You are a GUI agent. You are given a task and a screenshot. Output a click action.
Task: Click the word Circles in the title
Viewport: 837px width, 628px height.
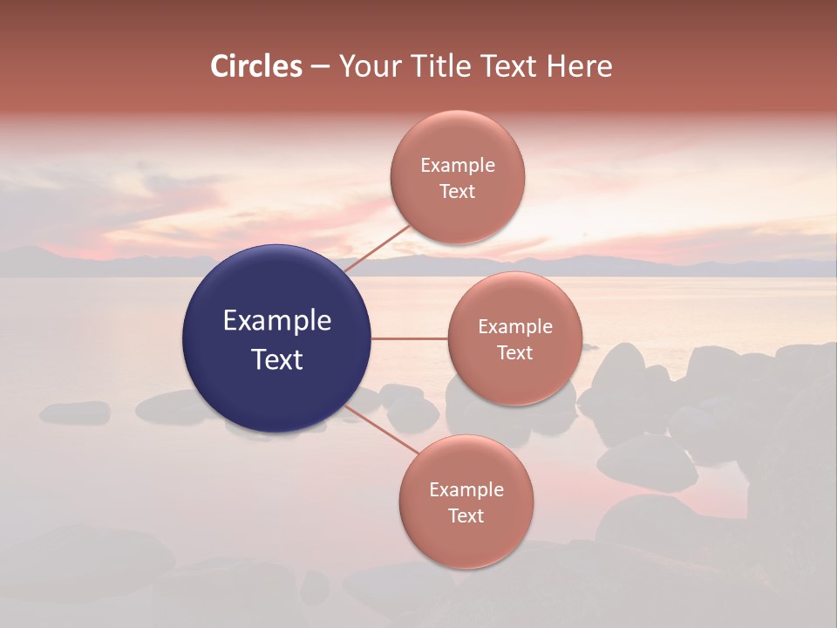[255, 66]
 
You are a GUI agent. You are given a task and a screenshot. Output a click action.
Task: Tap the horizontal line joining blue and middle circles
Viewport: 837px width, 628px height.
[409, 338]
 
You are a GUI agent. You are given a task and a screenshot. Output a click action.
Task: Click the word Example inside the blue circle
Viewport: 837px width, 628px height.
[277, 321]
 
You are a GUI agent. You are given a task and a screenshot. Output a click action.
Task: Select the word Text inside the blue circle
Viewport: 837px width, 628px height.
[277, 359]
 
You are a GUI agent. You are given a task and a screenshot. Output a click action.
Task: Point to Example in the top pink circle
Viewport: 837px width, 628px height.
[458, 166]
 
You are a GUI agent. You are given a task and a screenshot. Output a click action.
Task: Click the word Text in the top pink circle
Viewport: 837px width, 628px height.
[457, 192]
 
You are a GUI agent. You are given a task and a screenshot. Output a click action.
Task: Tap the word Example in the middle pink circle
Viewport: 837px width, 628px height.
[515, 327]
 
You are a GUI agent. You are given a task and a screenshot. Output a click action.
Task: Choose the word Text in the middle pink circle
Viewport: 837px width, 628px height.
[514, 353]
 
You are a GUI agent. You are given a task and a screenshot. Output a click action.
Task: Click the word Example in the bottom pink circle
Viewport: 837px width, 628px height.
[466, 490]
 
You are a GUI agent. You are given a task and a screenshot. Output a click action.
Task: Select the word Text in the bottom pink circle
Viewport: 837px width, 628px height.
[466, 516]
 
